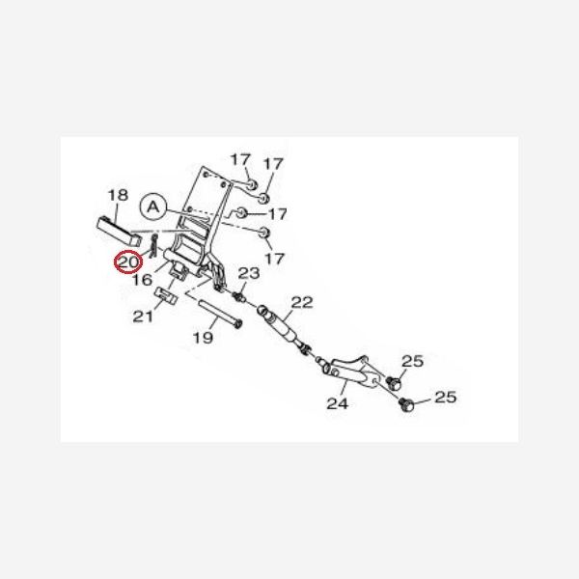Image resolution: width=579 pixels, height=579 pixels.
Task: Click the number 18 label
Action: point(117,197)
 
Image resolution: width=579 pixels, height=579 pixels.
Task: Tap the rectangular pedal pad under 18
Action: point(121,231)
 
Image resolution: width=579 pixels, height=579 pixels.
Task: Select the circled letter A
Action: point(151,206)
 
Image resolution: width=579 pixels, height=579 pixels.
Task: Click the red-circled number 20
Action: point(126,262)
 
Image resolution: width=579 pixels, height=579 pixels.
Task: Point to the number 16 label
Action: point(142,280)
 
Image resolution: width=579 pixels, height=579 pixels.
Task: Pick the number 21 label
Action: point(143,316)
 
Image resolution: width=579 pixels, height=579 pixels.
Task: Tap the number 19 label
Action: point(203,338)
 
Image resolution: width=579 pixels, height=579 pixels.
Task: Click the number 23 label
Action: point(248,274)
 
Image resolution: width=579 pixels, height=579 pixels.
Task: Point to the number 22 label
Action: point(302,302)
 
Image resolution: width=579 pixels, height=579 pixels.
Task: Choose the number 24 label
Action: point(336,403)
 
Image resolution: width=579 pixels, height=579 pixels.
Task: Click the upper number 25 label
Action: point(413,362)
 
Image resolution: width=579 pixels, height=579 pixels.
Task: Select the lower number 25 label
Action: point(445,397)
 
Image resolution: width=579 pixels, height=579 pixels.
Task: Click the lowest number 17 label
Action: point(276,259)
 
